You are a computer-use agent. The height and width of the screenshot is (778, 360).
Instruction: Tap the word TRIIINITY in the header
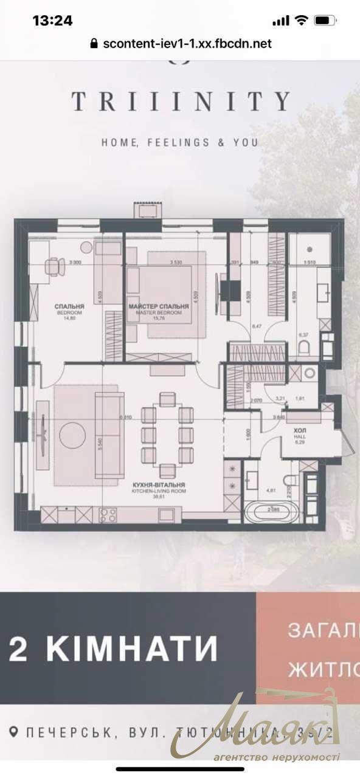point(180,102)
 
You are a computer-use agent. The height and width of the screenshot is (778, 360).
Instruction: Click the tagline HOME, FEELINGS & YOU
point(180,142)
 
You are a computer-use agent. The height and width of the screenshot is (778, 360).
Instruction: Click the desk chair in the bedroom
point(55,266)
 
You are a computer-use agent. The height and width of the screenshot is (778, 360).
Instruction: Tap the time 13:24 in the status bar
point(52,20)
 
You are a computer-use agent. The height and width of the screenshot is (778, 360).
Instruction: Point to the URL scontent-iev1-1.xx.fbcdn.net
point(187,44)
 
